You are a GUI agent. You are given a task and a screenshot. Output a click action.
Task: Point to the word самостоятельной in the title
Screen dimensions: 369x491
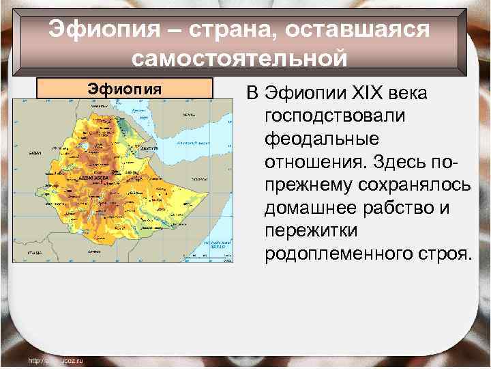pos(240,58)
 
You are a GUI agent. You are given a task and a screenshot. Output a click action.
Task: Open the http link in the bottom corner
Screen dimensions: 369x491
pos(55,359)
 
